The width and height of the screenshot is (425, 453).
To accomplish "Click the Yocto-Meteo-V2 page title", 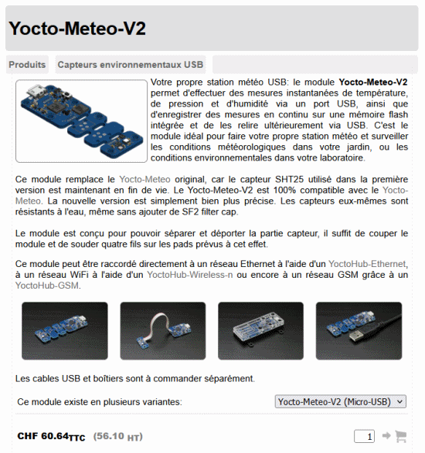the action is [77, 29].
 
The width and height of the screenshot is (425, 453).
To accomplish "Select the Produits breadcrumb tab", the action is [27, 64].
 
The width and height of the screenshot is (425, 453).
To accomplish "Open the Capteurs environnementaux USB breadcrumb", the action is [131, 64].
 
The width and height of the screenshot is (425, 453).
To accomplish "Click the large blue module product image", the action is [82, 121].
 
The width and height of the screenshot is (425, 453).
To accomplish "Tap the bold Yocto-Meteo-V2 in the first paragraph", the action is [373, 83].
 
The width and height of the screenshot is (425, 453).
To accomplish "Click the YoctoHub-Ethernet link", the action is [367, 264].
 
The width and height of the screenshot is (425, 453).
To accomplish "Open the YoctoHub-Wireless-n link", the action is [190, 275].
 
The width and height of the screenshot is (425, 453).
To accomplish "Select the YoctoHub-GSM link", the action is [47, 286].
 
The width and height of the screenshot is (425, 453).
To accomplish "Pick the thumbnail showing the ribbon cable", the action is [163, 331].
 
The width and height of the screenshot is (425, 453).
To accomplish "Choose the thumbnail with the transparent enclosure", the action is [260, 331].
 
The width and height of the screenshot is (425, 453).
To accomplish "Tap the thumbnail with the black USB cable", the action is [359, 331].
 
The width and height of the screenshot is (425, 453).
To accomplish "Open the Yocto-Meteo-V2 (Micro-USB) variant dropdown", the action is [341, 401].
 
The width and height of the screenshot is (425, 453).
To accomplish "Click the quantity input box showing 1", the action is [364, 436].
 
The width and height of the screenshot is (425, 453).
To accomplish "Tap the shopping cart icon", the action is [401, 436].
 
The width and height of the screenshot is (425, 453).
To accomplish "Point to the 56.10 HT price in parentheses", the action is [117, 437].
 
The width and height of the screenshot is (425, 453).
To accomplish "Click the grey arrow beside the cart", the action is [386, 435].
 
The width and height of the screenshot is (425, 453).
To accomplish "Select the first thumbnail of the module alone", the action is [65, 331].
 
